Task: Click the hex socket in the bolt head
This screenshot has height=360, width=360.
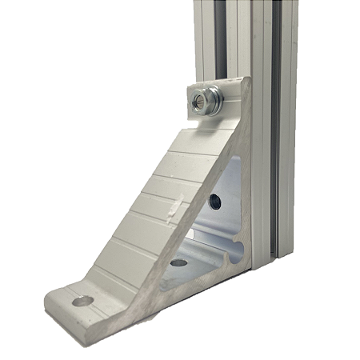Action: click(200, 102)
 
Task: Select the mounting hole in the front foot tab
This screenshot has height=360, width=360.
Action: click(80, 301)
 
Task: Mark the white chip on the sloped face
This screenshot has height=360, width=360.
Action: click(170, 209)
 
